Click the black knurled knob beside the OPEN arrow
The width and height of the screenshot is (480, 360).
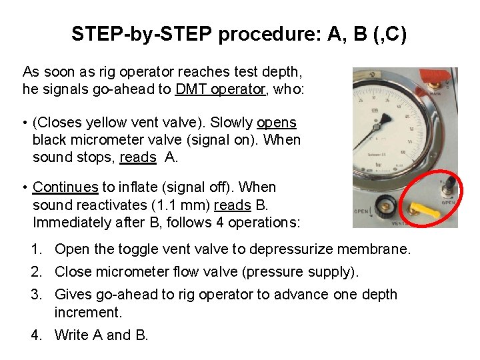click(x=384, y=205)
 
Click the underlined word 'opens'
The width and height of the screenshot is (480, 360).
click(x=277, y=123)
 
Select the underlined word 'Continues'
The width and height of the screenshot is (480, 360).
click(x=65, y=187)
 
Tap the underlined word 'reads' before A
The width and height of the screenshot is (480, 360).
click(x=137, y=157)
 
